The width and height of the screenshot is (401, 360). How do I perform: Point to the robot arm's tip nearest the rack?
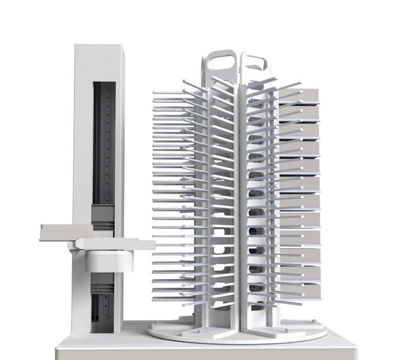(x=152, y=245)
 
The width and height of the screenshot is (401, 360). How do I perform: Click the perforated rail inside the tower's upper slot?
(x=106, y=144)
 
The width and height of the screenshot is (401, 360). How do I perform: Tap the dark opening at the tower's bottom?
(x=101, y=309)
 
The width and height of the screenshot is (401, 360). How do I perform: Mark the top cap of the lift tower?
(x=98, y=46)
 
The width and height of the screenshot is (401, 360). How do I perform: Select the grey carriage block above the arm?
(x=101, y=216)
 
